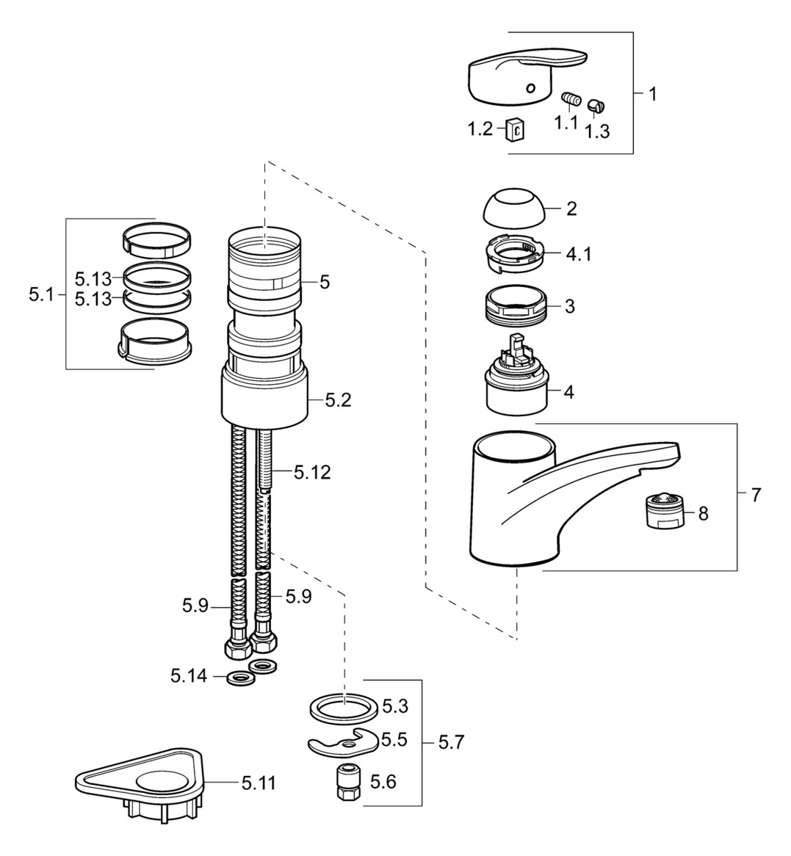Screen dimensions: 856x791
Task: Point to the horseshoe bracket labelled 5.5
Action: pyautogui.click(x=342, y=742)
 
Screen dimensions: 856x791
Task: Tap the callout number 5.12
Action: pyautogui.click(x=312, y=472)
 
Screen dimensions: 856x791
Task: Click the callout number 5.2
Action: pyautogui.click(x=339, y=401)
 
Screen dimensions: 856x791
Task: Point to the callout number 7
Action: pyautogui.click(x=756, y=494)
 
